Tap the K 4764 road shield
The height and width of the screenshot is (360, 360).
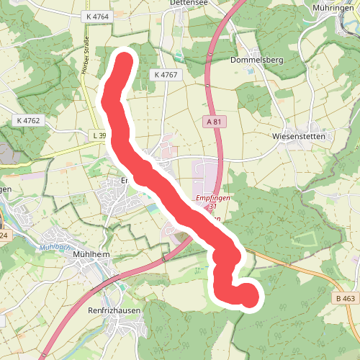(95, 16)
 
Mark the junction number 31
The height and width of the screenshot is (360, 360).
(212, 207)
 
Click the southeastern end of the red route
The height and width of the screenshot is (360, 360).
(248, 296)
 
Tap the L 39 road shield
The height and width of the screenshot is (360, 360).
(99, 135)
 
